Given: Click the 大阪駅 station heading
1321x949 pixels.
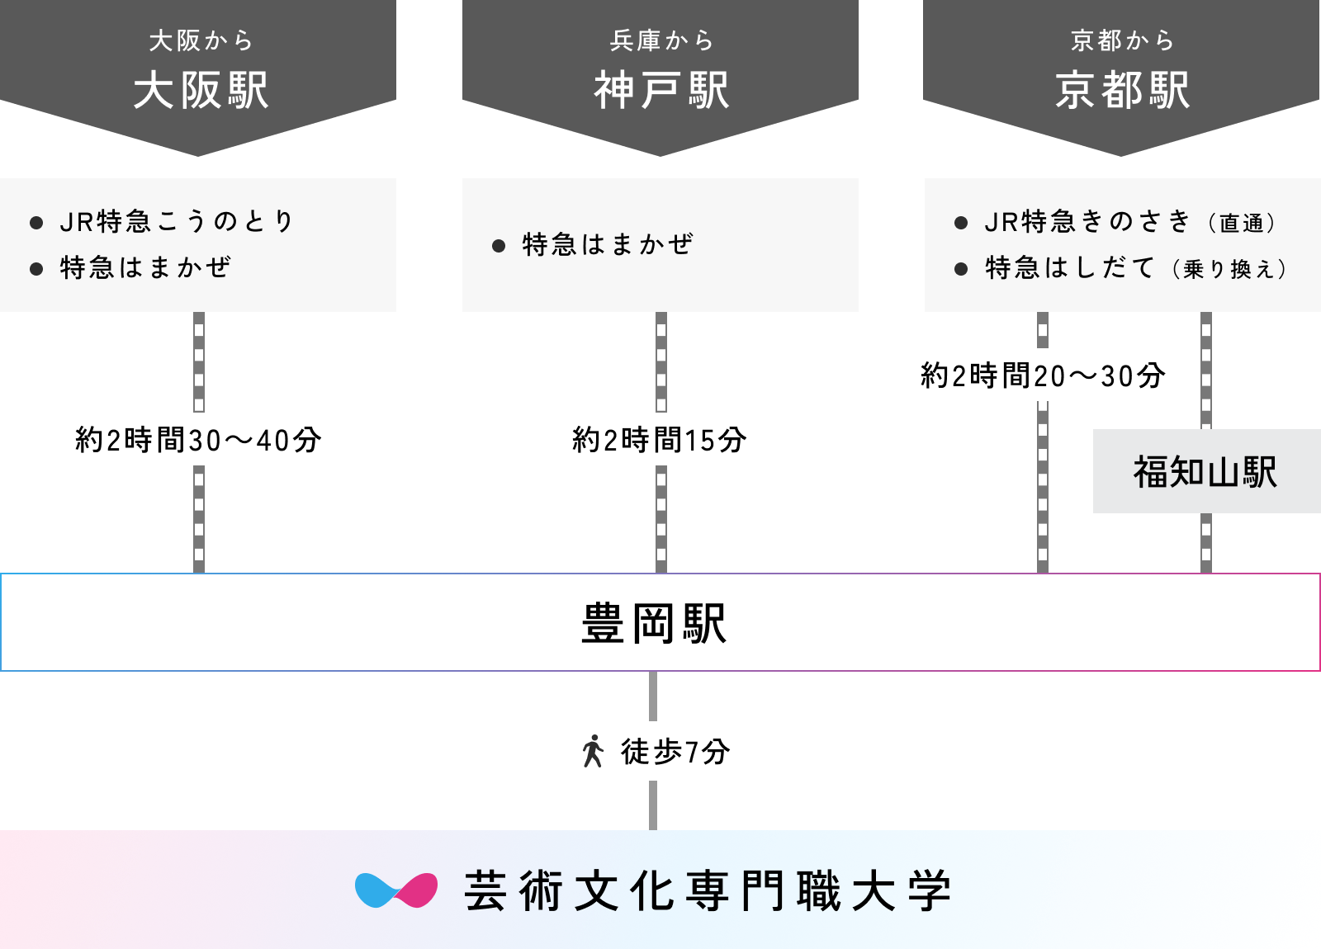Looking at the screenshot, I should pos(201,91).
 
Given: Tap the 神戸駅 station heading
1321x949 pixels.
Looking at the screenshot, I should pos(661,91).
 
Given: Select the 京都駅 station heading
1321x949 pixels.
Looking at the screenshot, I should pos(1122,91).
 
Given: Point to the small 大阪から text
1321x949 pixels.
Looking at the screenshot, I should pos(201,40).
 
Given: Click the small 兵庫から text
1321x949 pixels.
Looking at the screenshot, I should pos(661,40).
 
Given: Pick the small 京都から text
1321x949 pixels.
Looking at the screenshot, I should pos(1122,40).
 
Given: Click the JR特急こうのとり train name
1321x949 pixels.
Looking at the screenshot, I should pos(177,221).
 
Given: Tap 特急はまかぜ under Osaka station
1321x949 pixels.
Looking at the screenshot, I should pos(145,267).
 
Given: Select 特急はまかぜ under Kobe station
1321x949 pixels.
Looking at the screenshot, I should pos(608,244).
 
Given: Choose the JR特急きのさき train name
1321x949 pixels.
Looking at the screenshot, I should pos(1087,221).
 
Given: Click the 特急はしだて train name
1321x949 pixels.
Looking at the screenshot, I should pos(1070,267).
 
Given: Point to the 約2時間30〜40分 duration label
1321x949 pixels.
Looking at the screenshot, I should pos(197,440).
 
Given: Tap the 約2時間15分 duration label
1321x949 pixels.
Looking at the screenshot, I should pos(660,440).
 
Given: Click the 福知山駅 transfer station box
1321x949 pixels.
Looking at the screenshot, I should pos(1205,472).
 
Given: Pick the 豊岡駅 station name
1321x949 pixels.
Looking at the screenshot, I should pos(654,623).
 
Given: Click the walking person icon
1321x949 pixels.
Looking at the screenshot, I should pos(593,751).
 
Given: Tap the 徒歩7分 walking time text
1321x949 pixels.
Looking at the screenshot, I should pos(675,751).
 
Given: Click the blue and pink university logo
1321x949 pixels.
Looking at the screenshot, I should pos(396,890).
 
